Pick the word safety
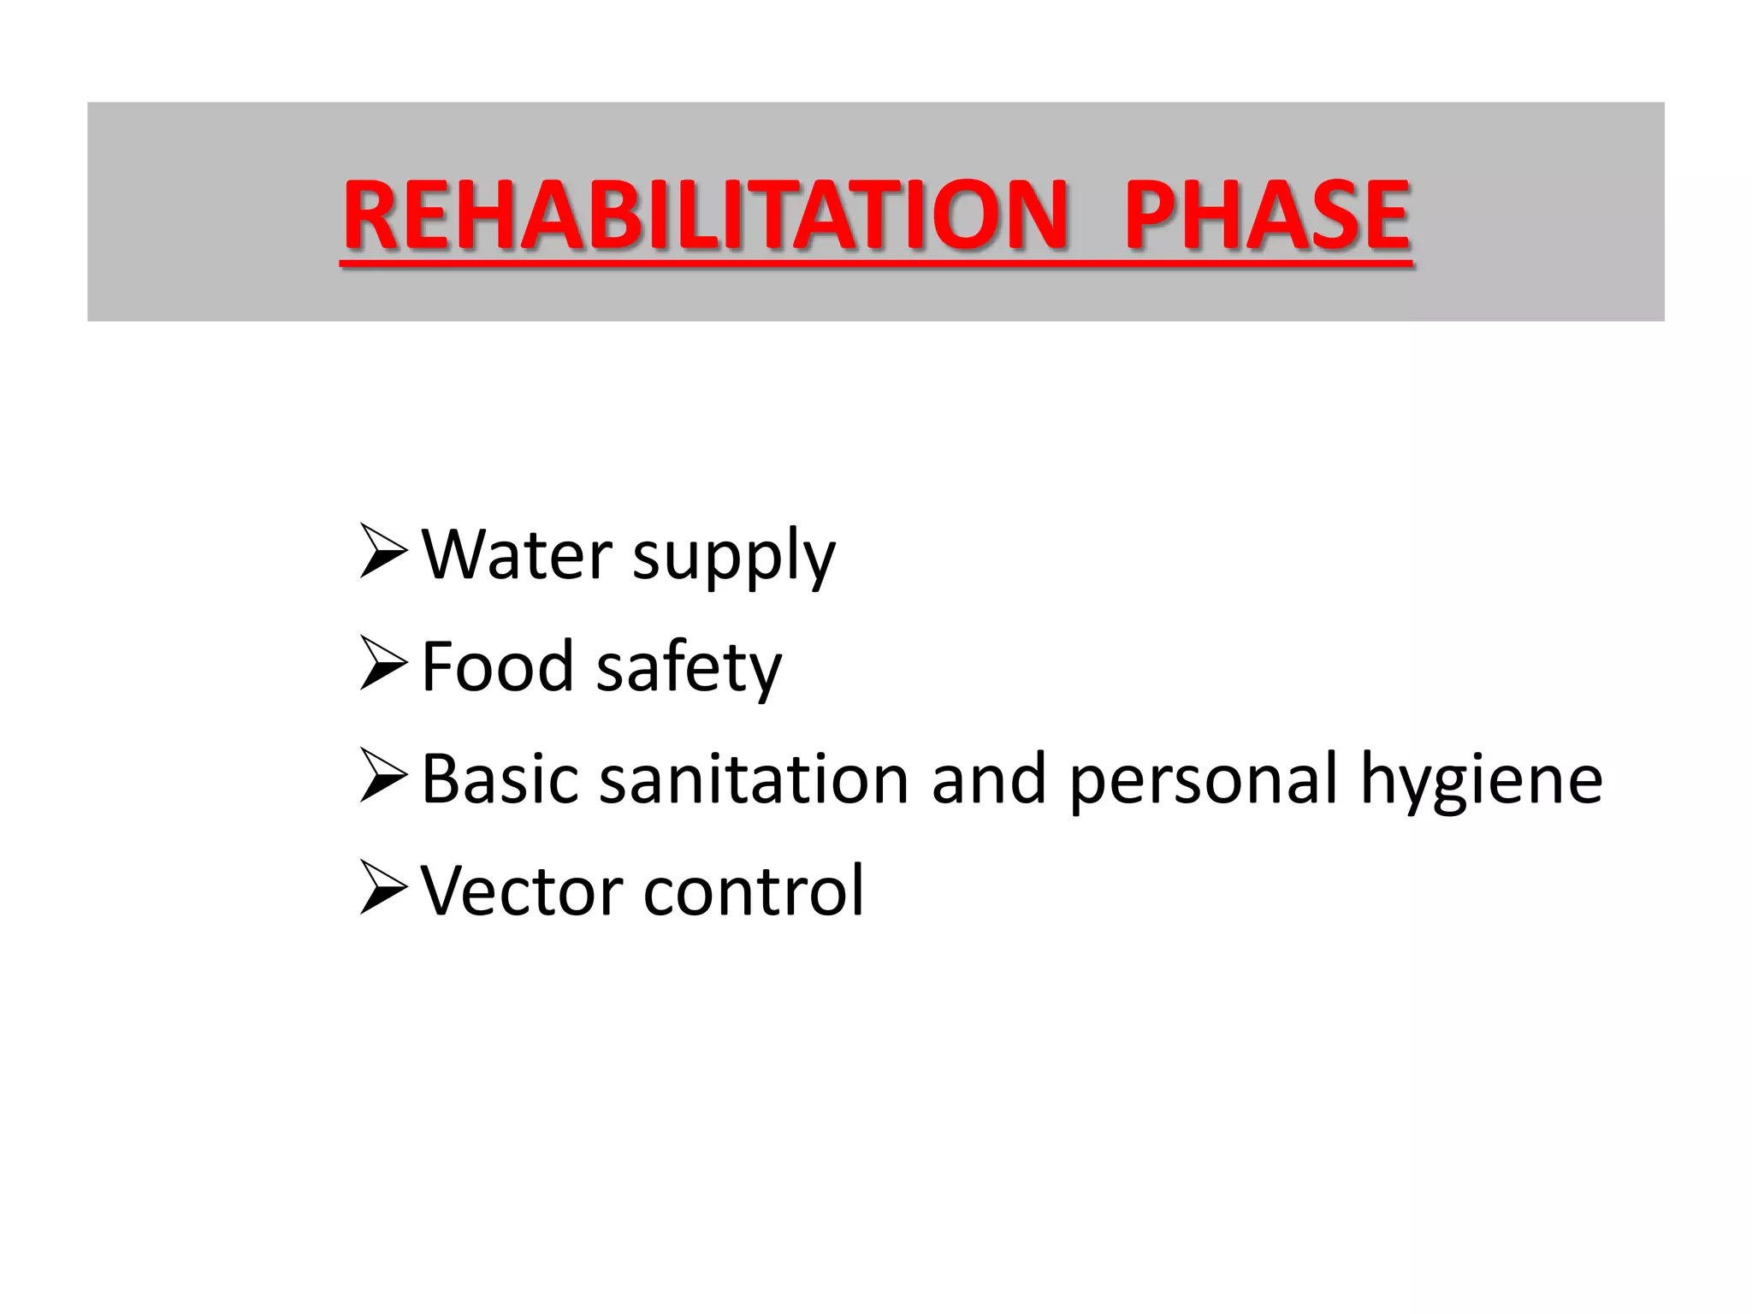tap(689, 670)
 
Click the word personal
tap(1203, 783)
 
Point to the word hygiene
tap(1481, 783)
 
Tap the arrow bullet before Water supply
tap(382, 552)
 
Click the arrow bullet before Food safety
tap(382, 664)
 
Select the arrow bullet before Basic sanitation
tap(382, 776)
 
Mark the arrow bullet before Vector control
tap(382, 888)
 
